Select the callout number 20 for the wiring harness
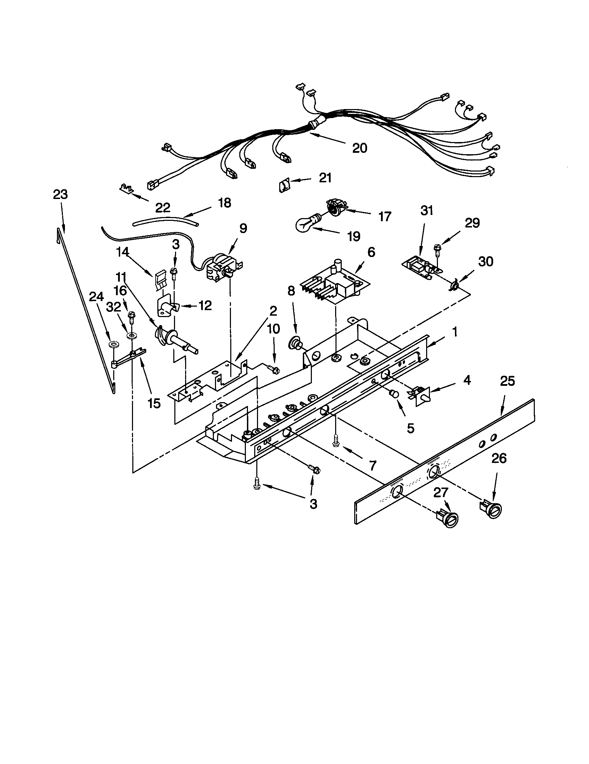(x=359, y=148)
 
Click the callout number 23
(x=60, y=194)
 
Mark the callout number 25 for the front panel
(x=507, y=381)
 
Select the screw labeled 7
(x=336, y=440)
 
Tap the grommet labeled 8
(x=294, y=343)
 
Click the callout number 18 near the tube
(x=224, y=203)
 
